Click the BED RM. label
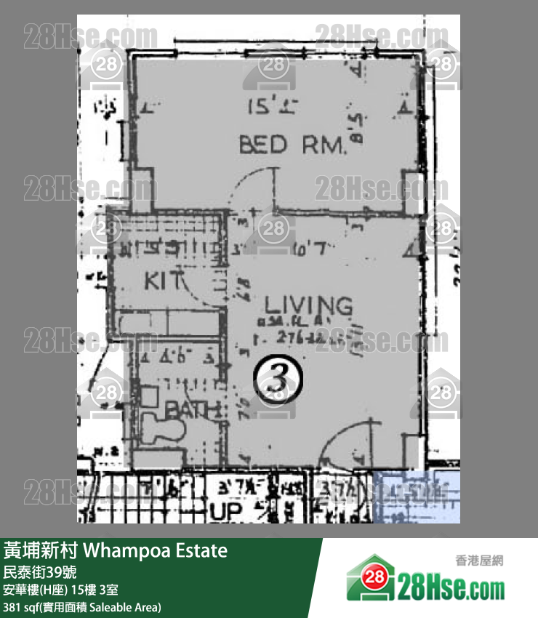point(292,145)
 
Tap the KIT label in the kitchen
point(159,280)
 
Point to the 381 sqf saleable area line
point(82,606)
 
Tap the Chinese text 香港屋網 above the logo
point(478,561)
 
